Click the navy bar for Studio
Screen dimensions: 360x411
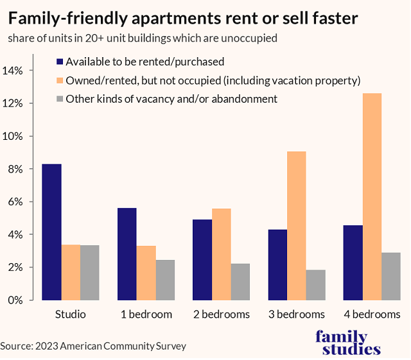pos(51,232)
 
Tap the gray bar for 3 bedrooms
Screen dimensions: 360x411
pos(316,285)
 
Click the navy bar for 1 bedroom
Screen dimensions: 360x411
pos(127,254)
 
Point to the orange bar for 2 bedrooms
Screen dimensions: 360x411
pos(222,254)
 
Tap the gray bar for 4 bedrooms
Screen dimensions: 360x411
pos(392,276)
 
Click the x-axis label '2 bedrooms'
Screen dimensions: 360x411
pos(222,314)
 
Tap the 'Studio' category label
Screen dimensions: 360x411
pos(71,314)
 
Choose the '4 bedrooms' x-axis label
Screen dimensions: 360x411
pos(372,314)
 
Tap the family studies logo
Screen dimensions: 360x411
pos(350,343)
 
